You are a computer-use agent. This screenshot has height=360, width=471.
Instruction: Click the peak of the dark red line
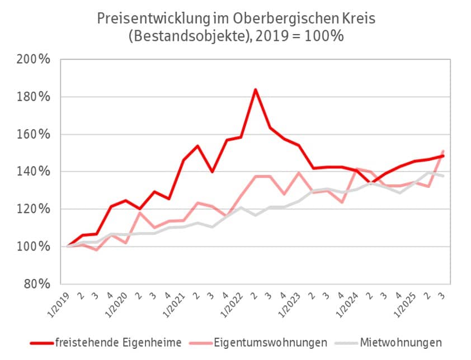[x=255, y=89]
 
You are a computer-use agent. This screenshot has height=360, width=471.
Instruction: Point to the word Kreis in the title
[x=357, y=17]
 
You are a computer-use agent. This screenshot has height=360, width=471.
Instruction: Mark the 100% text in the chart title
[x=324, y=36]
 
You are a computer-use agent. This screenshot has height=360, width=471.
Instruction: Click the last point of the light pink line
[x=443, y=151]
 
